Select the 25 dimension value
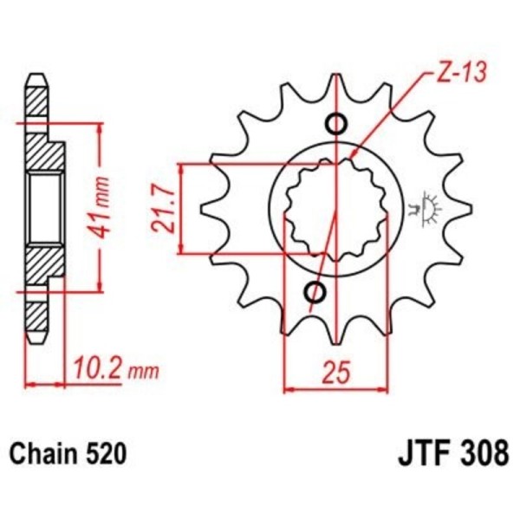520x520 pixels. pos(336,374)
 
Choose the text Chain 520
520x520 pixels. pos(69,452)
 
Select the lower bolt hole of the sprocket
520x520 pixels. pos(315,292)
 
